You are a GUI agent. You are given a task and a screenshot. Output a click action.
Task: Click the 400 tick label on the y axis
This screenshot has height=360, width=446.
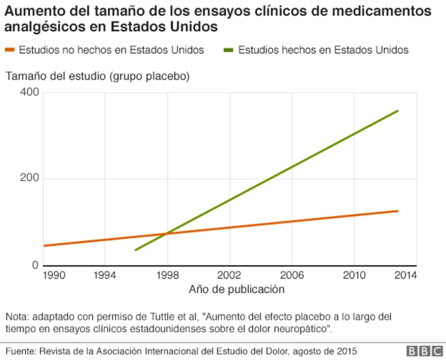(x=29, y=93)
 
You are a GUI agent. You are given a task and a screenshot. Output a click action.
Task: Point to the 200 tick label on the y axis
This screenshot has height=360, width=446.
(x=29, y=179)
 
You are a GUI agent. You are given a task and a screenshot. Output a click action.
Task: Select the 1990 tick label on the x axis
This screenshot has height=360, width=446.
(x=54, y=275)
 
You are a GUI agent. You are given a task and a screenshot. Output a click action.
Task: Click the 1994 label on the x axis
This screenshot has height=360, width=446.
(x=105, y=275)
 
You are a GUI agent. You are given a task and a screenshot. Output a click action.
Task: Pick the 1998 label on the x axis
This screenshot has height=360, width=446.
(x=167, y=275)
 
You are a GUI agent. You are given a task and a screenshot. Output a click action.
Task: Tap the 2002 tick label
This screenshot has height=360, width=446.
(x=229, y=275)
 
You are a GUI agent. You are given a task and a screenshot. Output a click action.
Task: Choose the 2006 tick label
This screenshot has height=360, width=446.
(x=292, y=275)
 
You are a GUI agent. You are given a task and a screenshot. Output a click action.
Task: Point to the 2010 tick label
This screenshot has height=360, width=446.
(x=354, y=275)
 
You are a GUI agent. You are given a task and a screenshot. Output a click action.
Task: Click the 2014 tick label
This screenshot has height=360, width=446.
(x=405, y=275)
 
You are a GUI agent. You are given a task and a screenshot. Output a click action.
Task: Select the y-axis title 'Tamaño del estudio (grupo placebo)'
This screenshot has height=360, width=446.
(x=98, y=75)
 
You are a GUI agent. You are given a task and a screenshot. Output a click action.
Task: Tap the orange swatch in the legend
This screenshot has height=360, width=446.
(x=10, y=50)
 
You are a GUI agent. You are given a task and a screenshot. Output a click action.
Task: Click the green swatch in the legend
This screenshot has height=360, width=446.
(x=229, y=50)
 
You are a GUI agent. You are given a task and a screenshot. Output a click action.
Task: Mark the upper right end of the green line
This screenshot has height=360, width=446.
(x=398, y=111)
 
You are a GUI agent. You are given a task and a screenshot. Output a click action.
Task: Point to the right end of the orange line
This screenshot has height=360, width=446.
(x=398, y=211)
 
